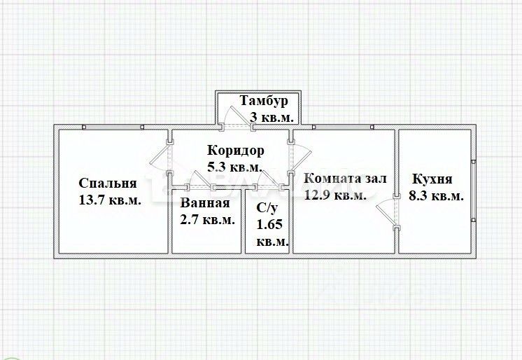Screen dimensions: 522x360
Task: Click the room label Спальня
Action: coord(108,183)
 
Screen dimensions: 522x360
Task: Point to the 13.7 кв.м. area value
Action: coord(110,200)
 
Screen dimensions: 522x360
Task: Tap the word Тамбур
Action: coord(264,100)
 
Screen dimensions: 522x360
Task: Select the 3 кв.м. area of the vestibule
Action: coord(271,118)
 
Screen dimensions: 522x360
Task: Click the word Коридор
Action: coord(236,151)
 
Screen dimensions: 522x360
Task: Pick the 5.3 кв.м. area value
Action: coord(234,167)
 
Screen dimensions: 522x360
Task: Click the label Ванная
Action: coord(205,203)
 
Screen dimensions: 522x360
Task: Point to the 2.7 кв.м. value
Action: coord(207,220)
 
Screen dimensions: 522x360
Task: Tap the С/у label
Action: coord(267,208)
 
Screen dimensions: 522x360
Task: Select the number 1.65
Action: coord(269,224)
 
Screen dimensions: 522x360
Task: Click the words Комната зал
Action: coord(345,179)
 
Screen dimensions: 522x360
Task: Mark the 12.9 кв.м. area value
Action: coord(336,195)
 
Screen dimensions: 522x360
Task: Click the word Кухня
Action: coord(432,179)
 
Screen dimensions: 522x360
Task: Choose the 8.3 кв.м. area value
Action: coord(436,195)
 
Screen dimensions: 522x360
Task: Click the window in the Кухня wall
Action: coord(474,191)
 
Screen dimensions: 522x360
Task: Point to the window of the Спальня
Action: coord(113,127)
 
